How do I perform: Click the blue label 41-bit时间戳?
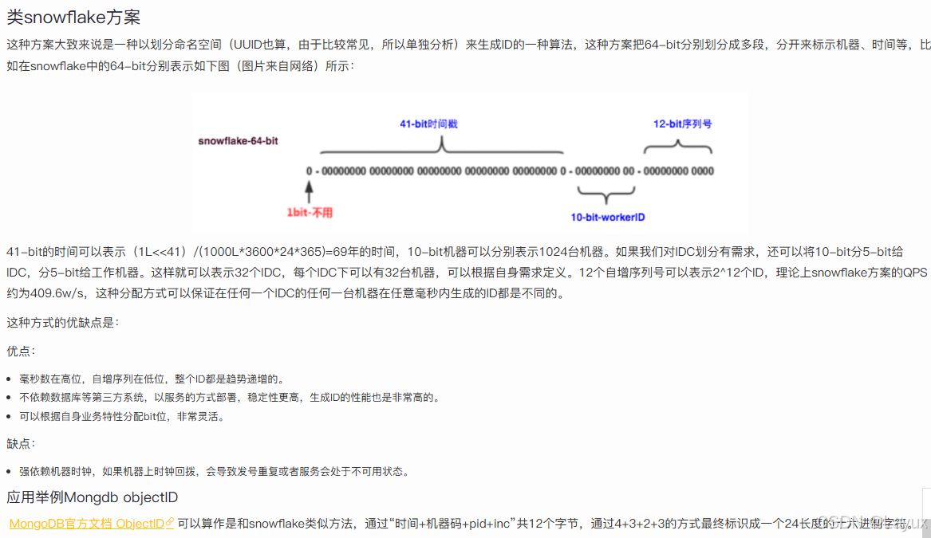pos(428,124)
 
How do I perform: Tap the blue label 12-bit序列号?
pos(682,124)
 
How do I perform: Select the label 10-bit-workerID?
pos(607,217)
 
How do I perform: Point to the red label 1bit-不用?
pos(310,213)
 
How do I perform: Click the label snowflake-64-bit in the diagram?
pos(238,140)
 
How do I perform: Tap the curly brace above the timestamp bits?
pos(441,147)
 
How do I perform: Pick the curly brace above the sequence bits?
pos(677,145)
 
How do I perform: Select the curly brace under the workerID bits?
pos(606,195)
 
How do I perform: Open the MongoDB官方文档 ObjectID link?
pos(91,524)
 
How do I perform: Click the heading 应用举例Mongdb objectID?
pos(92,497)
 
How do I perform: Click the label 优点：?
pos(21,351)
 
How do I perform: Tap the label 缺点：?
pos(21,443)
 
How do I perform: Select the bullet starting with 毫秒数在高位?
pos(152,379)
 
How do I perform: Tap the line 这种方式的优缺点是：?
pos(62,323)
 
